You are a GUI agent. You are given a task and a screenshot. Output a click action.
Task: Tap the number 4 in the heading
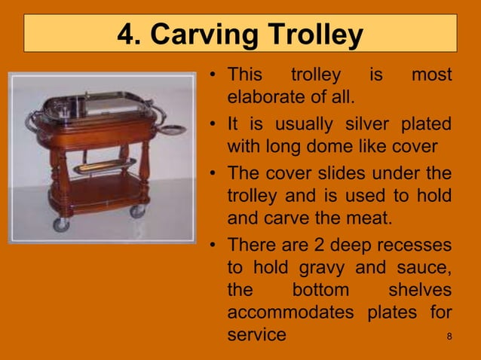[127, 35]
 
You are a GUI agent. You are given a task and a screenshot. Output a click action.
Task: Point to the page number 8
[449, 335]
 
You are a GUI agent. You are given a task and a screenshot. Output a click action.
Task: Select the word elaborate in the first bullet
[266, 98]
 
